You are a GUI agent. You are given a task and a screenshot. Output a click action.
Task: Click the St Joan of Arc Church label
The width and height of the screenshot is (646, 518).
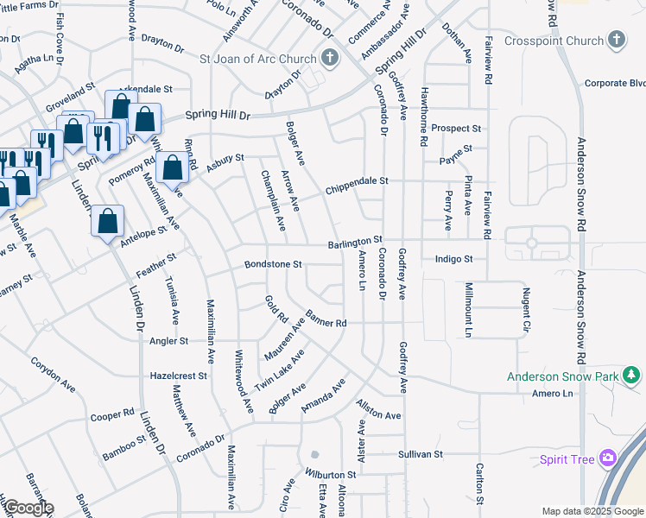pyautogui.click(x=258, y=59)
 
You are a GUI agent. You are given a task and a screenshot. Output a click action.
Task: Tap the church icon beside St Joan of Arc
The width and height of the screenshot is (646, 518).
pyautogui.click(x=328, y=59)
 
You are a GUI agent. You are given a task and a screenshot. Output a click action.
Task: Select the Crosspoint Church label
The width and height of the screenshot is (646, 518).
pyautogui.click(x=554, y=41)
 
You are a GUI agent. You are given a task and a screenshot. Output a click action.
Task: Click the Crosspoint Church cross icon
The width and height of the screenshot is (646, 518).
pyautogui.click(x=616, y=40)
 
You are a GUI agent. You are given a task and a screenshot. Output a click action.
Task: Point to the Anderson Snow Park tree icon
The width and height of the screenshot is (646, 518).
pyautogui.click(x=632, y=376)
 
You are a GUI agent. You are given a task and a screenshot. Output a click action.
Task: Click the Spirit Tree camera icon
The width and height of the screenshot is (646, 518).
pyautogui.click(x=610, y=458)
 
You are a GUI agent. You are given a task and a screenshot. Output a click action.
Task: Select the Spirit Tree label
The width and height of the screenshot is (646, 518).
pyautogui.click(x=567, y=459)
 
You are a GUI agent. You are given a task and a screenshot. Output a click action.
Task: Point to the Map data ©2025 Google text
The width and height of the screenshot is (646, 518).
pyautogui.click(x=592, y=511)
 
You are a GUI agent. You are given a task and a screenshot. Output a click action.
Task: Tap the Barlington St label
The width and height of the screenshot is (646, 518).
pyautogui.click(x=354, y=243)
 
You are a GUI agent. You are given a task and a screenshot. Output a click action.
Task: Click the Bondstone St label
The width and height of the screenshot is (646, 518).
pyautogui.click(x=273, y=264)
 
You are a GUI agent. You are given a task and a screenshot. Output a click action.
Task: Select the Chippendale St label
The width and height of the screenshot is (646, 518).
pyautogui.click(x=358, y=186)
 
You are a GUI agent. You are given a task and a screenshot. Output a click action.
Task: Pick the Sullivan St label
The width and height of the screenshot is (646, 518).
pyautogui.click(x=420, y=453)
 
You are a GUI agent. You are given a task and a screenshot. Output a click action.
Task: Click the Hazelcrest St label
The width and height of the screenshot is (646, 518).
pyautogui.click(x=179, y=376)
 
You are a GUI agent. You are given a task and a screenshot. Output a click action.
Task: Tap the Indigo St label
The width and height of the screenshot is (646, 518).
pyautogui.click(x=454, y=258)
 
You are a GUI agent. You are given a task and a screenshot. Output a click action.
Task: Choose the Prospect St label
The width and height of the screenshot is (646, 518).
pyautogui.click(x=456, y=128)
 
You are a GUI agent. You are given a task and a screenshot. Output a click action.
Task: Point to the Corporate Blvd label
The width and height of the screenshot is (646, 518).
pyautogui.click(x=615, y=83)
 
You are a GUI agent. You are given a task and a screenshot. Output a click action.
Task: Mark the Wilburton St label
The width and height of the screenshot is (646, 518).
pyautogui.click(x=330, y=475)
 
